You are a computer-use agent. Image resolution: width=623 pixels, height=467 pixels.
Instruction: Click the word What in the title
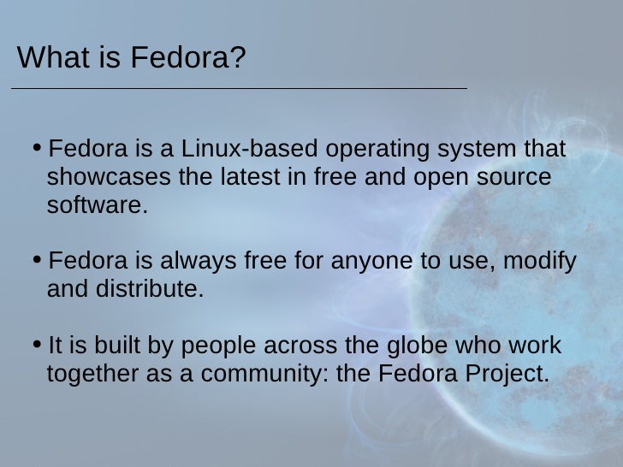[x=48, y=58]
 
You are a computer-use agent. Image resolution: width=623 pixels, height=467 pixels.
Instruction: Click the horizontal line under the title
[x=238, y=88]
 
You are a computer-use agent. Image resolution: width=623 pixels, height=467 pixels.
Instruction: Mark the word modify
[x=538, y=262]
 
